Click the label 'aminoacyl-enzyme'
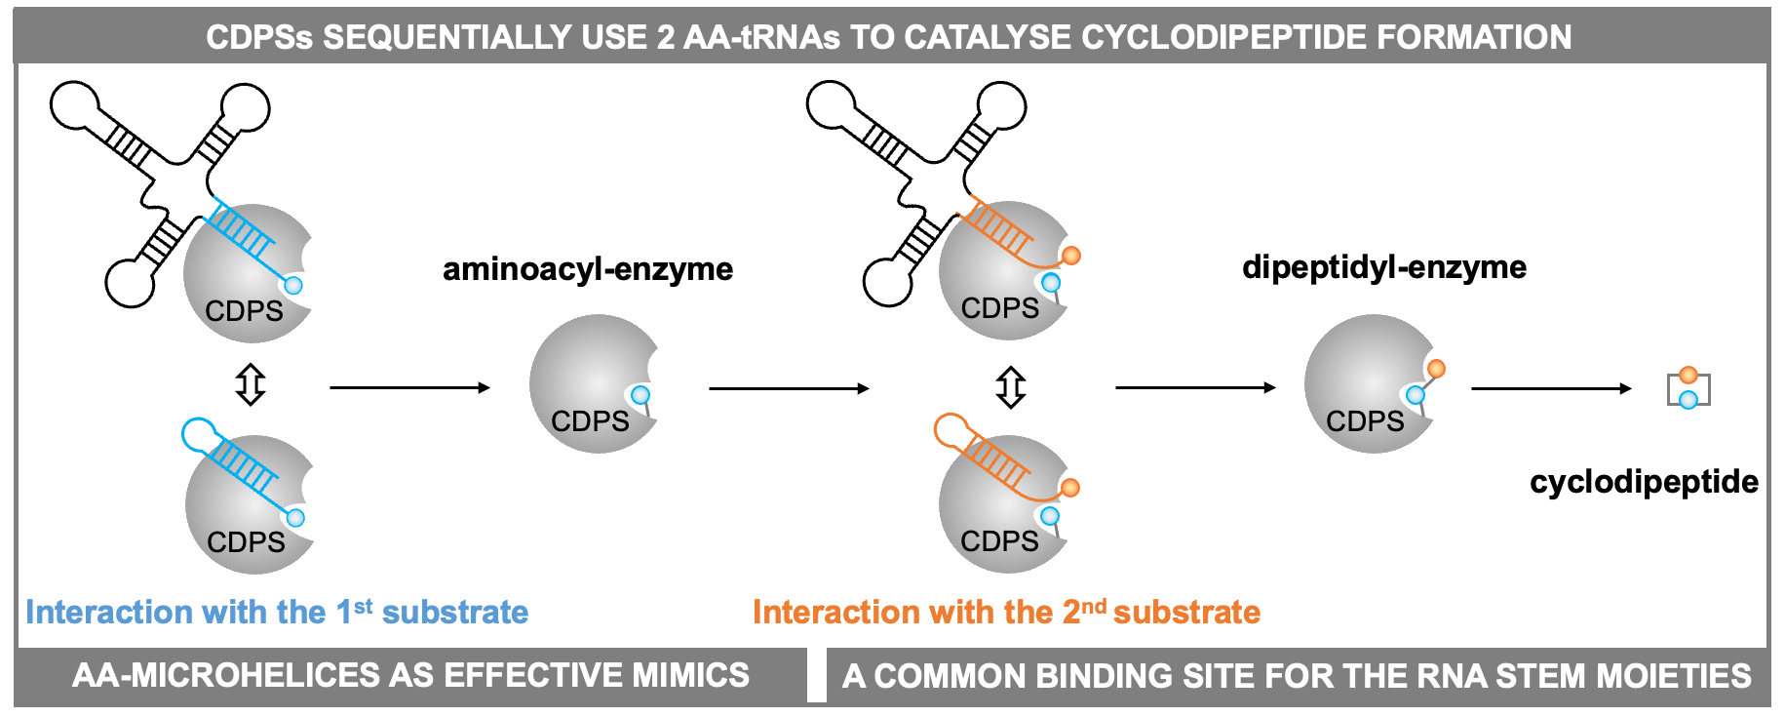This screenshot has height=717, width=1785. click(x=587, y=268)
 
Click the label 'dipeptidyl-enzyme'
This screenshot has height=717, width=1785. click(x=1383, y=266)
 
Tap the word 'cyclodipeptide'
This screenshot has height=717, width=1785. click(x=1644, y=481)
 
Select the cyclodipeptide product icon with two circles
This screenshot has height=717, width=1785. click(x=1688, y=388)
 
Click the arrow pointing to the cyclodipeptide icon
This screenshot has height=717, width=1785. click(x=1550, y=388)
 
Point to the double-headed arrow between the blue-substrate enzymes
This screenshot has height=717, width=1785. click(x=251, y=384)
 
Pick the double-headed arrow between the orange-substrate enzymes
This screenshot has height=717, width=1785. click(x=1011, y=387)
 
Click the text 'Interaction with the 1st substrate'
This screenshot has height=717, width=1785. click(x=277, y=612)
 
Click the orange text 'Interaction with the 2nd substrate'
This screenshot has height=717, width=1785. click(x=1006, y=612)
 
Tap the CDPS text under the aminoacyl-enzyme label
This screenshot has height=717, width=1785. click(x=590, y=421)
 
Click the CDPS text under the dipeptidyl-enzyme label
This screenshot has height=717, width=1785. click(x=1365, y=421)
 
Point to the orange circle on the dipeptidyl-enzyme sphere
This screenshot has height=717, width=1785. click(x=1435, y=369)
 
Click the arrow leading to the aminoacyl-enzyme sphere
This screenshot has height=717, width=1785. click(x=409, y=387)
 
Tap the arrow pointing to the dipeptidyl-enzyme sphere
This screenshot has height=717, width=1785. click(x=1195, y=387)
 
